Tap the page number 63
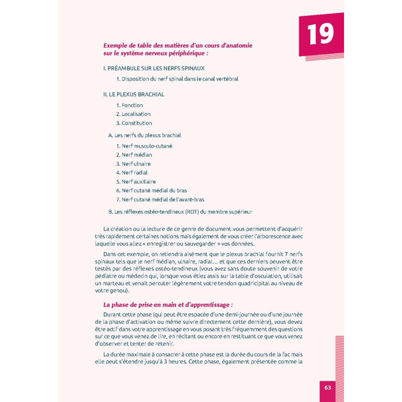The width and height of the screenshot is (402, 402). pos(328,388)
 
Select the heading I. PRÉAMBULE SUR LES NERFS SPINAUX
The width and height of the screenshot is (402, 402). pos(154,68)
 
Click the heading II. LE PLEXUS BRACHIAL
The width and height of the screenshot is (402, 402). pos(134,94)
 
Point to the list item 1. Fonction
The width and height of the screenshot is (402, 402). pos(130,105)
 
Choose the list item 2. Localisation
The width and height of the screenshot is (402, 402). pos(133,114)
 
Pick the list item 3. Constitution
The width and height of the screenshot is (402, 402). pos(134,123)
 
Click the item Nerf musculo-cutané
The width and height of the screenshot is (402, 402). pos(144,146)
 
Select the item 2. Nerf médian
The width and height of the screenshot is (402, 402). pos(134,155)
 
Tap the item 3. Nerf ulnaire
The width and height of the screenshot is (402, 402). pos(133,164)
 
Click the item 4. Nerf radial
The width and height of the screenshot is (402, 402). pos(132,173)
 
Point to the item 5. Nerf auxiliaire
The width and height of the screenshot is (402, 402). pos(136,182)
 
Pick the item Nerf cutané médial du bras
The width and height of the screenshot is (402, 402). pos(151,191)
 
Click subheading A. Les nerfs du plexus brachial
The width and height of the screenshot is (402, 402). pos(144,135)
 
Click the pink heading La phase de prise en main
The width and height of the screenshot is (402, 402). pos(168,305)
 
